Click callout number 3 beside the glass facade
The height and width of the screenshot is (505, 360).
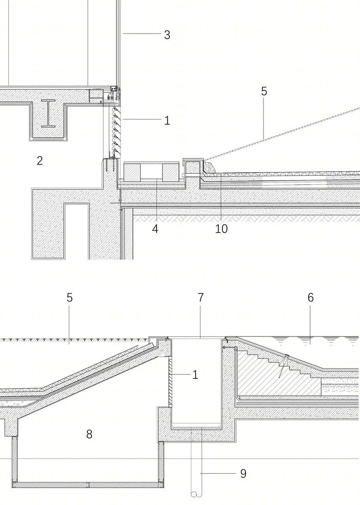(x=167, y=35)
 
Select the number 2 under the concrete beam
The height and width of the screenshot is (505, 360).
(x=40, y=161)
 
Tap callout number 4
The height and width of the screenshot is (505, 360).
(x=155, y=229)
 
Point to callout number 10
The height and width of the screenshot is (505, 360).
(x=222, y=229)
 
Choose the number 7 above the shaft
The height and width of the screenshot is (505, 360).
(x=201, y=298)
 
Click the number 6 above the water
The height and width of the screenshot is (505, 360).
(x=311, y=298)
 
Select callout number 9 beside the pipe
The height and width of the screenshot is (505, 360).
(x=243, y=474)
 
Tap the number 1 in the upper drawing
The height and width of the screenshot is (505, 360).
(x=167, y=121)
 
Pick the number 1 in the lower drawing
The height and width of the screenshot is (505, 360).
(x=195, y=375)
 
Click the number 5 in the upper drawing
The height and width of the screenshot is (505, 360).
(x=264, y=91)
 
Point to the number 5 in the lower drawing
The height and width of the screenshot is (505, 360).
(x=70, y=298)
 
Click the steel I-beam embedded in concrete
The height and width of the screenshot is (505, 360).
(x=48, y=114)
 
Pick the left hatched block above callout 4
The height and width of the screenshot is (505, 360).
(x=132, y=173)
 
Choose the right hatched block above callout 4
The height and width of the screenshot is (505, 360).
(x=171, y=173)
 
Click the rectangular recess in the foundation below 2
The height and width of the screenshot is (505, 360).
(x=77, y=231)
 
